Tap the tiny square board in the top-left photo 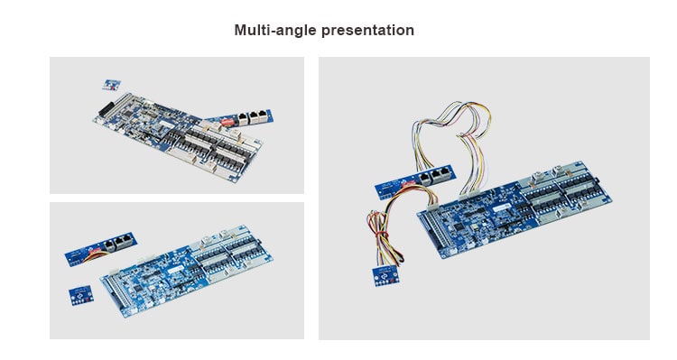click(111, 85)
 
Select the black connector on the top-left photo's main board click(107, 109)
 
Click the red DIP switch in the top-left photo click(227, 122)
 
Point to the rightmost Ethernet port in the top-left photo click(262, 115)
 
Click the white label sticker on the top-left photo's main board click(166, 125)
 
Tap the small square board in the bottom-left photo click(81, 295)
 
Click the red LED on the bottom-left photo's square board click(88, 298)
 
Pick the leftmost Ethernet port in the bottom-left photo click(109, 246)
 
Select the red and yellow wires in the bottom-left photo click(94, 257)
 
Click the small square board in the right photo click(385, 275)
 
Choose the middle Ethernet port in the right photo click(437, 175)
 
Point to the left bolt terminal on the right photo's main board click(538, 175)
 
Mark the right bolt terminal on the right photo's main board click(558, 170)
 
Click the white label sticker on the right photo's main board click(501, 208)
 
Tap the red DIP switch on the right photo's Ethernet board click(408, 183)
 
